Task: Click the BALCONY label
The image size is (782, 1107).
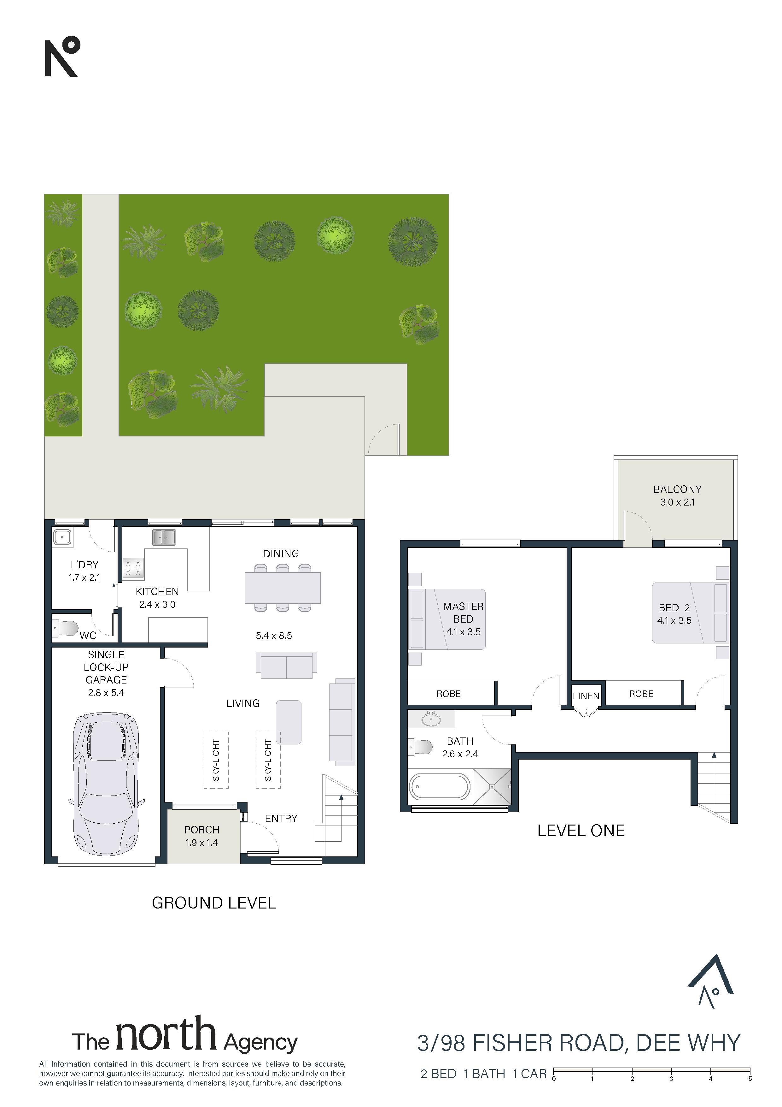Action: click(677, 489)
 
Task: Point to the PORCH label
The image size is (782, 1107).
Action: click(201, 830)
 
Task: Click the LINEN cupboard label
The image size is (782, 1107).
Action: click(586, 696)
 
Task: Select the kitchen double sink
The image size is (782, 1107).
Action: click(164, 537)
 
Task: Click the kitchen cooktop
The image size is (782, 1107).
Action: click(133, 567)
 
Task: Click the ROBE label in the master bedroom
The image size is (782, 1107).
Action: click(449, 694)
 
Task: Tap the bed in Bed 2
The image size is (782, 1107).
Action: click(691, 613)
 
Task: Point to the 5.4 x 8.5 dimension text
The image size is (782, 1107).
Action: click(274, 636)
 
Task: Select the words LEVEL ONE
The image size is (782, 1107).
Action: click(581, 831)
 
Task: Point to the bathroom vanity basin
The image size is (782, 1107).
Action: click(431, 719)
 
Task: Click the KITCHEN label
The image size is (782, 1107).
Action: click(157, 592)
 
